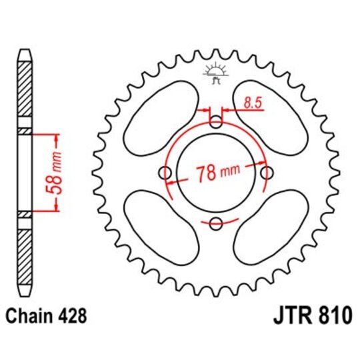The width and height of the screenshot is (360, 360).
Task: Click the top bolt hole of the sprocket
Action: [x=216, y=122]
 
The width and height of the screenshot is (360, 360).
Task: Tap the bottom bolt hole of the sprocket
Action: [x=216, y=223]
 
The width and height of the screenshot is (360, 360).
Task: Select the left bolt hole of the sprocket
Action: [x=165, y=173]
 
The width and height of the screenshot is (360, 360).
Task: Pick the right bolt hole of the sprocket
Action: [x=267, y=173]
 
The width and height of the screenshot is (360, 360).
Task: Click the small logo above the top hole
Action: [x=216, y=73]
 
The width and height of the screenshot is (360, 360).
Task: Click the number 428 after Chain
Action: [x=71, y=314]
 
